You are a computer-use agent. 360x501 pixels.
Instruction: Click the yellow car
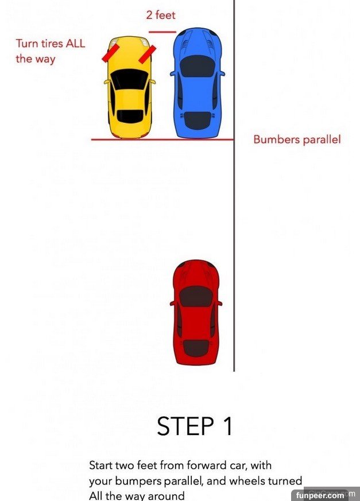tap(130, 87)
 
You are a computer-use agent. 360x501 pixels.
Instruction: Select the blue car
tap(198, 83)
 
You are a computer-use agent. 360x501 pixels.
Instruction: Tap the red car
tap(196, 312)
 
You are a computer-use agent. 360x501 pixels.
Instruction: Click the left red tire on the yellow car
tap(111, 53)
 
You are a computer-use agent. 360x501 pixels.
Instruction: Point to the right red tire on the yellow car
tap(148, 55)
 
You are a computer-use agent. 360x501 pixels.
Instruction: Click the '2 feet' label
tap(161, 15)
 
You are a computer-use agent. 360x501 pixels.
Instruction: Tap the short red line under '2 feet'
tap(162, 32)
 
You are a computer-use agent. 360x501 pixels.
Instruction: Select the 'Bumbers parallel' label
tap(297, 139)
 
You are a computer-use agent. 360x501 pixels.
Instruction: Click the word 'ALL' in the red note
tap(75, 43)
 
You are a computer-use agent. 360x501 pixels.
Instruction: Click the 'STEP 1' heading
tap(195, 426)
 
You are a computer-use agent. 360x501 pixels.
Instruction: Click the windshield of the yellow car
tap(130, 79)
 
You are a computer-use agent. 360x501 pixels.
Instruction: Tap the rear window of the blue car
tap(198, 120)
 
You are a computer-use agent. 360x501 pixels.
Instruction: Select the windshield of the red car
tap(196, 296)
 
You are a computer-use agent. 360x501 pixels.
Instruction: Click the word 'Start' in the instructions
tap(100, 465)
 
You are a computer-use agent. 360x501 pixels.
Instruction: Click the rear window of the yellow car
tap(130, 116)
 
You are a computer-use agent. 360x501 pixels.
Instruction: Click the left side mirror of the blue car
tap(173, 73)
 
